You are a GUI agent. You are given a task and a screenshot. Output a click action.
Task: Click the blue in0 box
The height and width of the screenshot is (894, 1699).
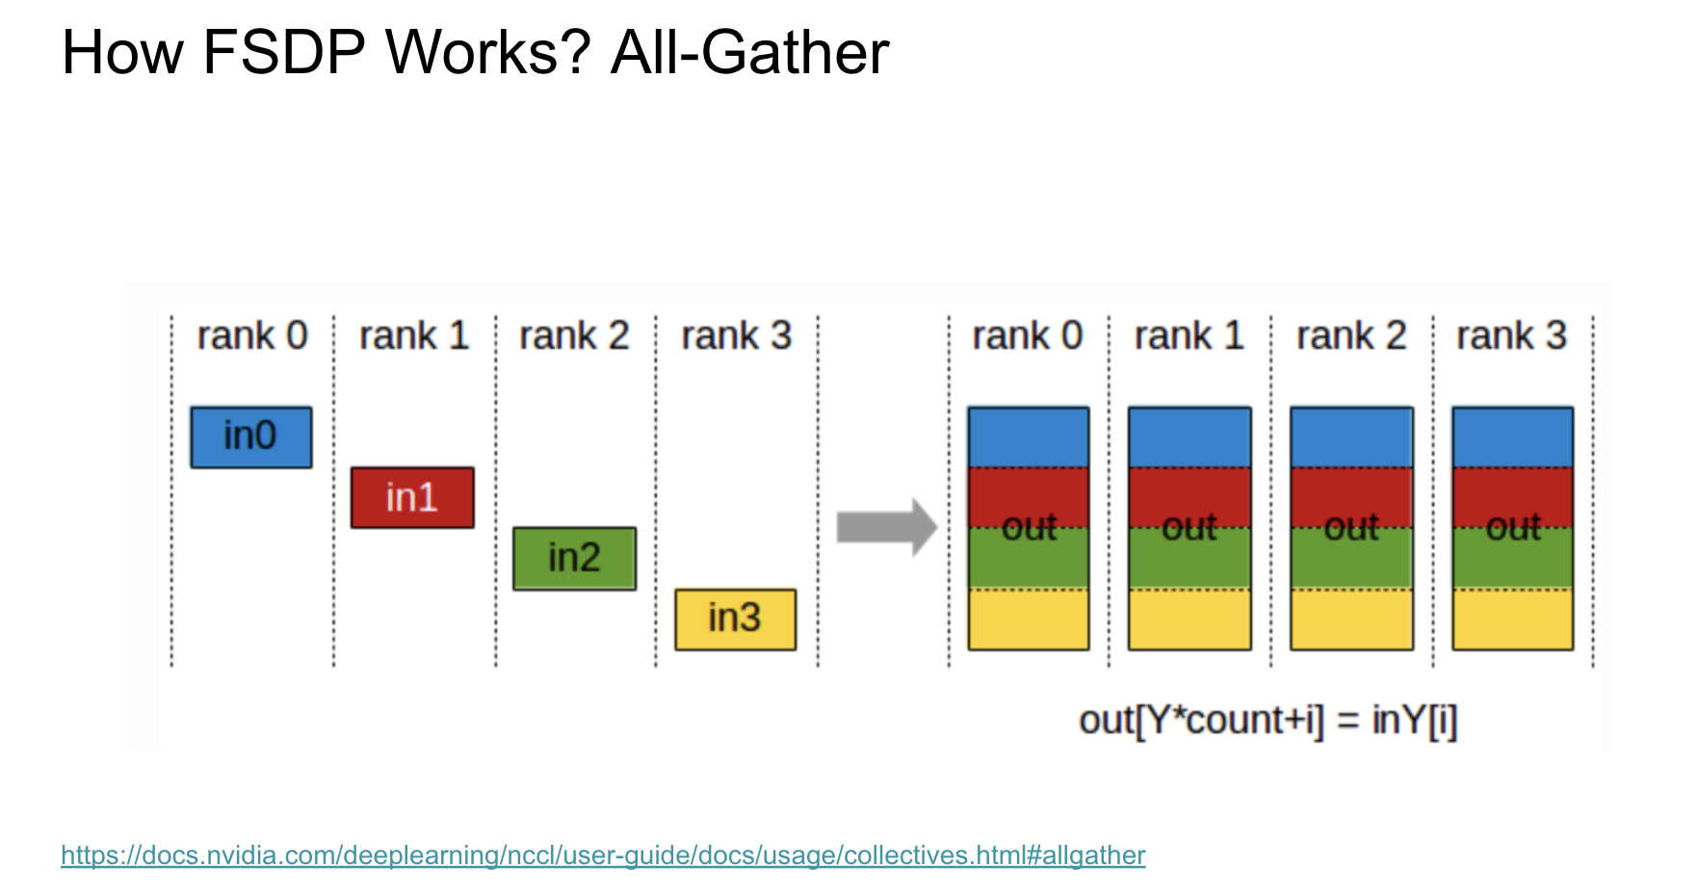click(251, 437)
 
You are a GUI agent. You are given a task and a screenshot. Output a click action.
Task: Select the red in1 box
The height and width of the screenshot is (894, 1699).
click(412, 497)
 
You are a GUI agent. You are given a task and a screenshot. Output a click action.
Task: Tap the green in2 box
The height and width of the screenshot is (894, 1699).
click(574, 558)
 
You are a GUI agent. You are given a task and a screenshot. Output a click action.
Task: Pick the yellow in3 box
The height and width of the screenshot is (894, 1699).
click(736, 618)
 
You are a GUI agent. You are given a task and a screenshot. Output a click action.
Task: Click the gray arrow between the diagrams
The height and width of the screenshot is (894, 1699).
click(887, 527)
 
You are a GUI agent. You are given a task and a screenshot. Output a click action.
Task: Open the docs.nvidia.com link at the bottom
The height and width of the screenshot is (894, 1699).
click(603, 855)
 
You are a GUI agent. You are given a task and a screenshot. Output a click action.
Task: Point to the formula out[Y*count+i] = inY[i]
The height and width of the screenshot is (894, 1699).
click(1268, 720)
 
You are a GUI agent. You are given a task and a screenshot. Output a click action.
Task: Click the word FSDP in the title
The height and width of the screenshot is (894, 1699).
click(283, 52)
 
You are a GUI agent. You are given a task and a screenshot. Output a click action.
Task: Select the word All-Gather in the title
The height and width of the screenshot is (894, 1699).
click(749, 52)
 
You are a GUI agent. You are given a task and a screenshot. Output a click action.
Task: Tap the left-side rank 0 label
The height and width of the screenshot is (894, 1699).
click(252, 336)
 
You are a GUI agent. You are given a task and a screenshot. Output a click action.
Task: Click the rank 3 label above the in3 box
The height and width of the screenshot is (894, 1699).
click(737, 336)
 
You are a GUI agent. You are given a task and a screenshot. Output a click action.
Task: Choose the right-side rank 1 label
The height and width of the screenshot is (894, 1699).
click(1189, 336)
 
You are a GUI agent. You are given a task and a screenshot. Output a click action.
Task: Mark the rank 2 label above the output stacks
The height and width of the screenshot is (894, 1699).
click(1351, 336)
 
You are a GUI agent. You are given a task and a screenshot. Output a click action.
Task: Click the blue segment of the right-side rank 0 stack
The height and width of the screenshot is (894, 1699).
click(1029, 437)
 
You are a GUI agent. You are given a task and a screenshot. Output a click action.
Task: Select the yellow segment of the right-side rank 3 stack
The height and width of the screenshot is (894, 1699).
click(1513, 619)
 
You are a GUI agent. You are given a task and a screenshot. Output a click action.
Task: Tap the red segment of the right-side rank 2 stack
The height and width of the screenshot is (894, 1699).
click(1351, 498)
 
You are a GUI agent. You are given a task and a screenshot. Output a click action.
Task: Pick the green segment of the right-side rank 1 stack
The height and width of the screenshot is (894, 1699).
click(1189, 559)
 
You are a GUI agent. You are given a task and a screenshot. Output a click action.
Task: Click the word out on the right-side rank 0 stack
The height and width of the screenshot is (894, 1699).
click(1029, 527)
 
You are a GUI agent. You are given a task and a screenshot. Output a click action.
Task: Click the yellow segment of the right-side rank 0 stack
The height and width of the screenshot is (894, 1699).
click(1029, 619)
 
